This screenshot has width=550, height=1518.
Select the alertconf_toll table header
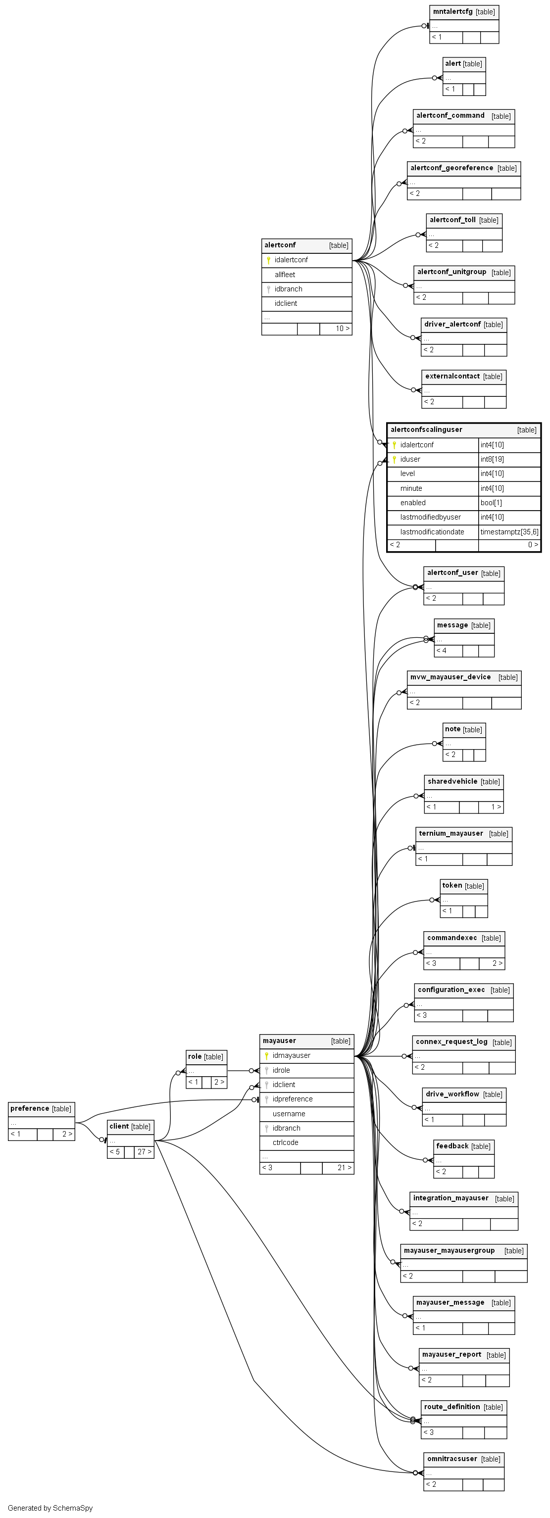coord(453,220)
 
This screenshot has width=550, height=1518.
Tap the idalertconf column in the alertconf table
coord(291,260)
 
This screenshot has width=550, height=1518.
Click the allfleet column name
coord(285,275)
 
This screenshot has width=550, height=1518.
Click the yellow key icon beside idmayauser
coord(266,1055)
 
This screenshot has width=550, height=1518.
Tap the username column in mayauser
coord(288,1114)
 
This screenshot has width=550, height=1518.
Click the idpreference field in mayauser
coord(293,1099)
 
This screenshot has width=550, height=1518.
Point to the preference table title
coord(30,1108)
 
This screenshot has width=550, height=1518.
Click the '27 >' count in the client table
coord(145,1151)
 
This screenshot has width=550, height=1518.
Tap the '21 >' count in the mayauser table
coord(344,1167)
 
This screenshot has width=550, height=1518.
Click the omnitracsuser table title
coord(452,1459)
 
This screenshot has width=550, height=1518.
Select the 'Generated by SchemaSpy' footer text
coord(50,1508)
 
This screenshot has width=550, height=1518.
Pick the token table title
coord(452,886)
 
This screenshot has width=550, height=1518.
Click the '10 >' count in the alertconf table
coord(342,329)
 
